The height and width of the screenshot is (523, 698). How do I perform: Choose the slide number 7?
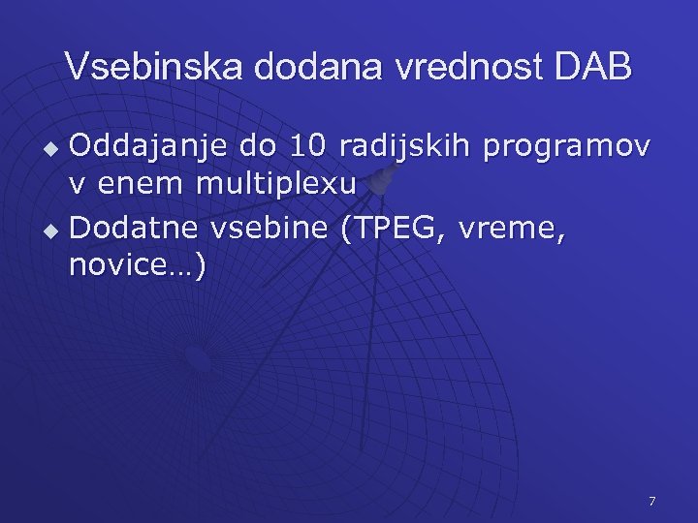[x=651, y=501]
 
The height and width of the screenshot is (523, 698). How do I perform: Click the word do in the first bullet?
[x=258, y=147]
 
